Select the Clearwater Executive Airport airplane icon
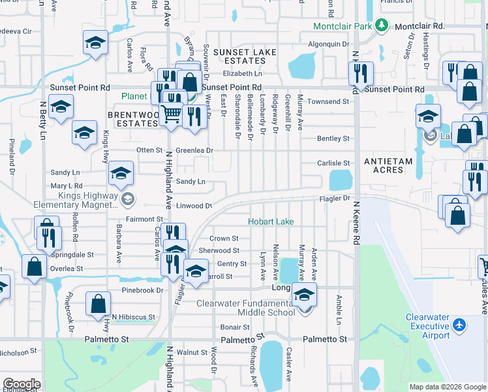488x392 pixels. pyautogui.click(x=459, y=325)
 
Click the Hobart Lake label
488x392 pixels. pyautogui.click(x=271, y=221)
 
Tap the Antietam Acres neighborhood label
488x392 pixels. pyautogui.click(x=384, y=165)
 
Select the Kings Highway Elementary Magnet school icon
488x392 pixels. pyautogui.click(x=128, y=199)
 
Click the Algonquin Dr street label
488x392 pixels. pyautogui.click(x=329, y=44)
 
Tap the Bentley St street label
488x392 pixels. pyautogui.click(x=333, y=139)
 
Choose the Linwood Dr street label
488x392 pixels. pyautogui.click(x=194, y=206)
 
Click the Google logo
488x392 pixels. pyautogui.click(x=22, y=384)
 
